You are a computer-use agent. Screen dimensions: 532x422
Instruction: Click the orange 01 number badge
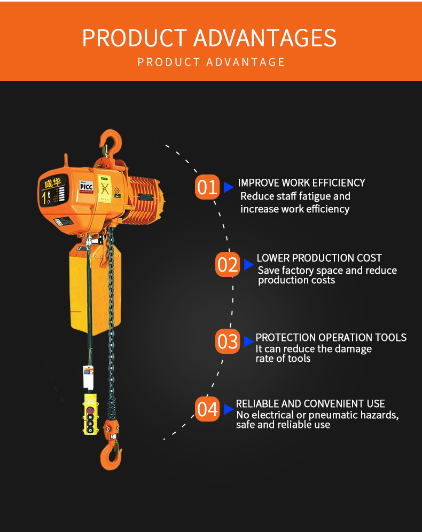(x=207, y=187)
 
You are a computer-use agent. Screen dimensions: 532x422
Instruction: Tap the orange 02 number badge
(x=228, y=264)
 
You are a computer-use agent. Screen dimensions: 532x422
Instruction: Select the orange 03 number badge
(x=228, y=341)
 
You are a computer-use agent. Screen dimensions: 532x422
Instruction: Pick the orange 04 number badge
(x=207, y=409)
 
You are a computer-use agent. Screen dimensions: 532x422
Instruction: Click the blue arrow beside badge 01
(x=229, y=187)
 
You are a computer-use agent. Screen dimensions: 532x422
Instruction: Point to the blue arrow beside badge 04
(x=229, y=409)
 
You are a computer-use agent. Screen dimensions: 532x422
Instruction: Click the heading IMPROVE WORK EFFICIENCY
(x=301, y=183)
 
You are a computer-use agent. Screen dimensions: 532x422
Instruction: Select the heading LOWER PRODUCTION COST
(x=319, y=258)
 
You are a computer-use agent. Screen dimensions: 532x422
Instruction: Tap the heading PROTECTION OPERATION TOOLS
(x=331, y=337)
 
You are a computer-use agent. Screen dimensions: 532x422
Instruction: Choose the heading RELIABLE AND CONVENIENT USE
(x=310, y=404)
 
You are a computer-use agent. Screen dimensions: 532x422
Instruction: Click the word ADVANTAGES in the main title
(x=265, y=38)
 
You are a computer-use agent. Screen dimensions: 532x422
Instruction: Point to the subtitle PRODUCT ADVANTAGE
(x=211, y=62)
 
